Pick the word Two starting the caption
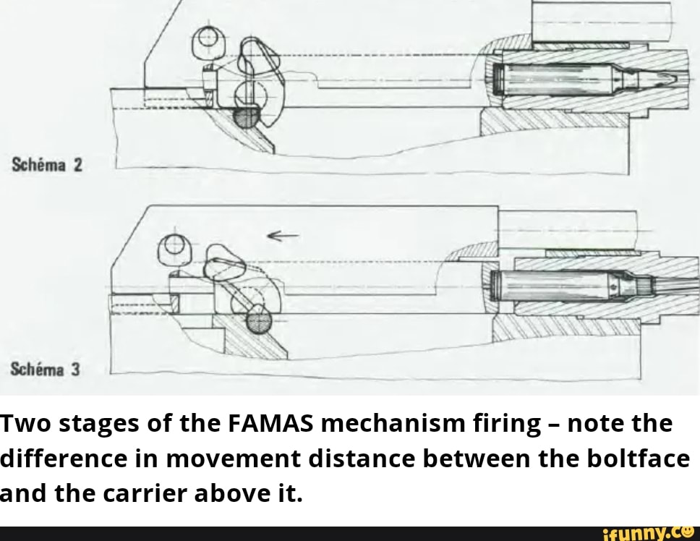26,425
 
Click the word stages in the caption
98,425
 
